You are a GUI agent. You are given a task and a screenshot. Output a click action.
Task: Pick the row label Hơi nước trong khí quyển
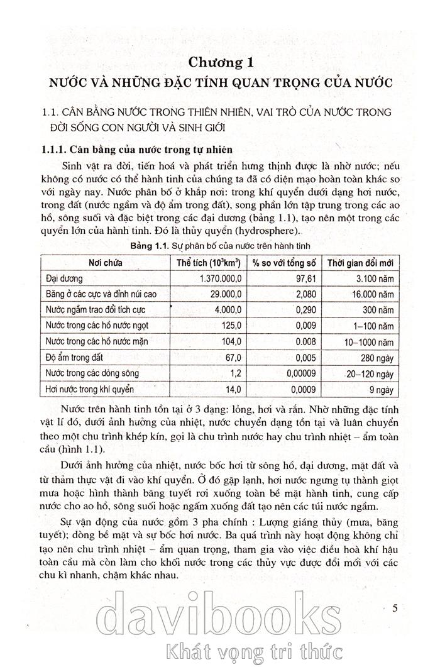(x=91, y=390)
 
